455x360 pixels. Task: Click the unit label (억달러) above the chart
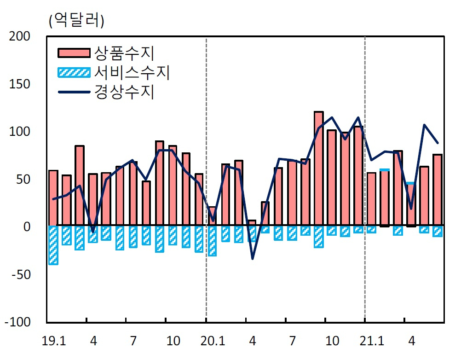(77, 21)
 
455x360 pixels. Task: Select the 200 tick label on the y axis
(20, 36)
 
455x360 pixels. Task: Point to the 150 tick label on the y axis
(20, 84)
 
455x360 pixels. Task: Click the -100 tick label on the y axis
(17, 322)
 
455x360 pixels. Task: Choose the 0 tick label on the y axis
(27, 227)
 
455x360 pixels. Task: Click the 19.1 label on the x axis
(54, 341)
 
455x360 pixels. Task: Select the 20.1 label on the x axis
(213, 341)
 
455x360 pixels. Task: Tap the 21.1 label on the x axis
(372, 341)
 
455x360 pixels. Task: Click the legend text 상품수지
(124, 53)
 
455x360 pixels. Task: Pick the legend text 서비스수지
(132, 72)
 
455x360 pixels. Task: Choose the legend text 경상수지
(124, 92)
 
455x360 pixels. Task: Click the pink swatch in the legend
(74, 53)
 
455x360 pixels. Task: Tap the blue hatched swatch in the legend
(74, 72)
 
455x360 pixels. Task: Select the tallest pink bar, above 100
(319, 168)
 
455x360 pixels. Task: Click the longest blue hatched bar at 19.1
(53, 245)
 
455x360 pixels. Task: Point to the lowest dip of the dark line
(253, 259)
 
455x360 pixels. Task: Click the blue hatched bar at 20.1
(212, 241)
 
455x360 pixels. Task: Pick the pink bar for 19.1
(53, 198)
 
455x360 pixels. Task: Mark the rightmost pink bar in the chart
(438, 190)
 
